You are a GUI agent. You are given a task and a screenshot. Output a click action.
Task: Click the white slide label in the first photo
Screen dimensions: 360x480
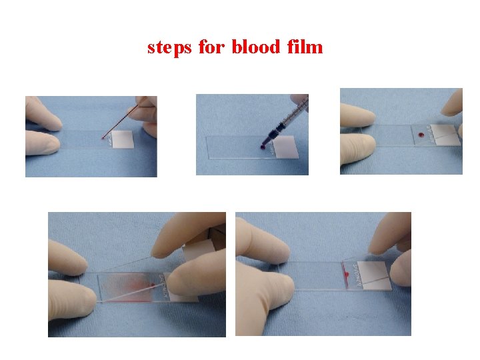tap(122, 139)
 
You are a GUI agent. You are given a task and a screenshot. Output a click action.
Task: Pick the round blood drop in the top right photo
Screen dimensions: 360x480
tap(421, 137)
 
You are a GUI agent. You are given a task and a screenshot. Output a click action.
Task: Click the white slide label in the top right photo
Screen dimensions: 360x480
tap(445, 134)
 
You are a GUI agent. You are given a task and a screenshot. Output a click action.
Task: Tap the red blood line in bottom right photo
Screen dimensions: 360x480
tap(346, 275)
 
